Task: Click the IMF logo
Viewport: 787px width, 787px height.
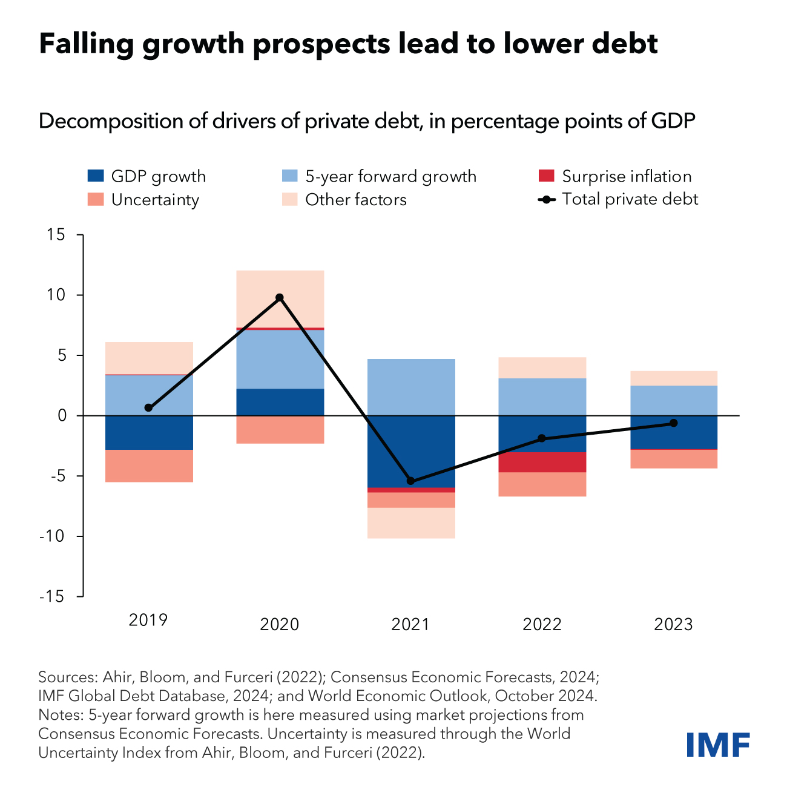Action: [718, 744]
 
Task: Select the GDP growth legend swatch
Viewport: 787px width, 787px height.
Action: [96, 176]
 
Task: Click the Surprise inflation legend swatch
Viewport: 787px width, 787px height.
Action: [545, 176]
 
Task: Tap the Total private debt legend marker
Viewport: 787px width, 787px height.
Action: [547, 199]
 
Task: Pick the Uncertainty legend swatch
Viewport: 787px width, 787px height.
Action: [96, 199]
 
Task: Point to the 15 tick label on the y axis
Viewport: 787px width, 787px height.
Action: [56, 235]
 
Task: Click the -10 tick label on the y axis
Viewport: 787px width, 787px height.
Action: [52, 536]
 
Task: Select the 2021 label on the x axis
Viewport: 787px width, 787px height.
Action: [410, 624]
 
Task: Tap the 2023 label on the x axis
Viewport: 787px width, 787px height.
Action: [673, 624]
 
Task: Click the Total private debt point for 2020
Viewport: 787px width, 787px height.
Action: [279, 297]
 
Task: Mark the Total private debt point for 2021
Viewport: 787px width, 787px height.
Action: [410, 481]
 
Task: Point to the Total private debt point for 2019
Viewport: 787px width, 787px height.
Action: [148, 407]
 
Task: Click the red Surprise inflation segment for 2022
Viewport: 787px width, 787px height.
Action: [542, 462]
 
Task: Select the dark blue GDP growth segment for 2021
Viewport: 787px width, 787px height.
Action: [410, 451]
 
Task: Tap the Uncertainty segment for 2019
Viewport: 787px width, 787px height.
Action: [149, 466]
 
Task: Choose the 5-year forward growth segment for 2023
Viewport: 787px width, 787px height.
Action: [673, 400]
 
